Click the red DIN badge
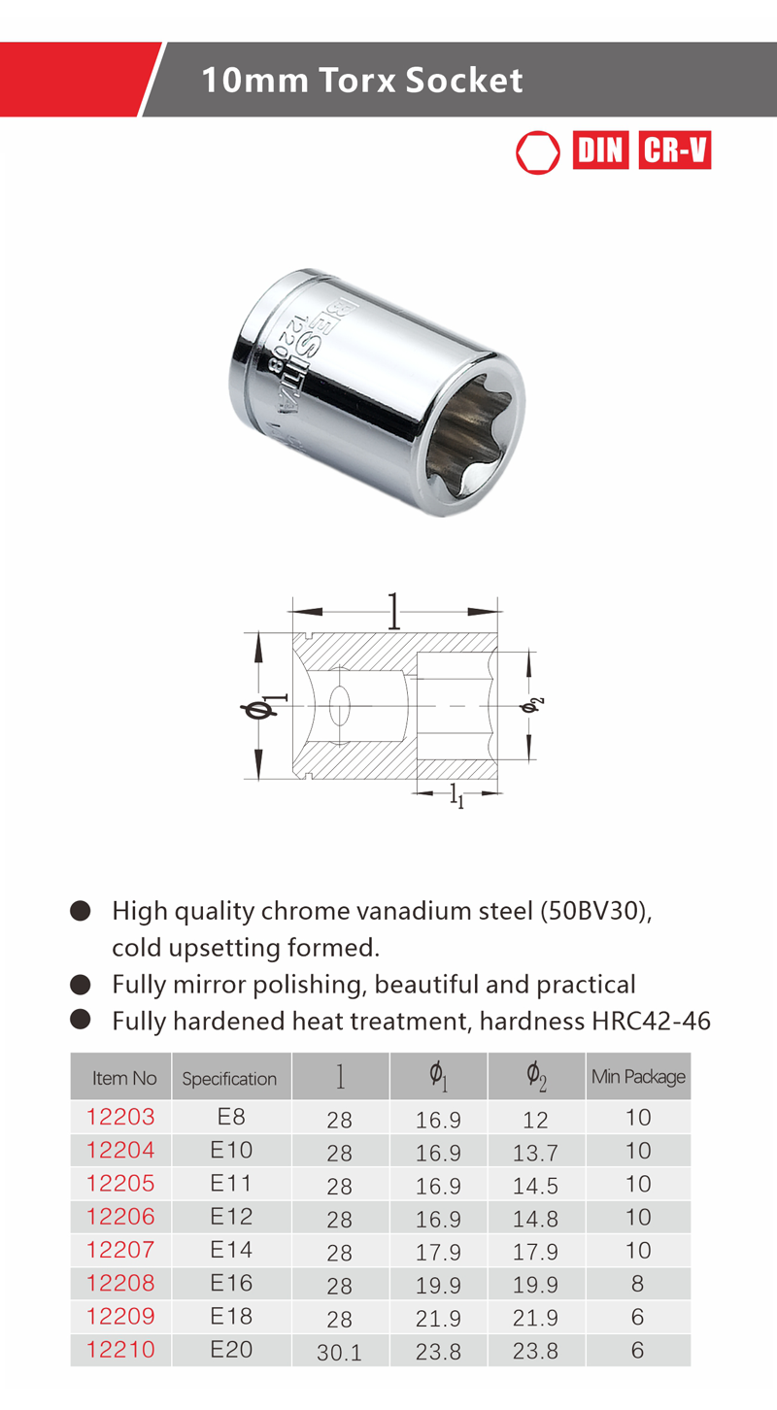[x=600, y=151]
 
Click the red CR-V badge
[x=675, y=151]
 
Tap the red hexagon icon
[x=538, y=151]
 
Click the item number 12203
[x=120, y=1117]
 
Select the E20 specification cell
[x=231, y=1350]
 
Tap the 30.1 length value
[x=339, y=1352]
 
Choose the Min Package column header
[x=638, y=1077]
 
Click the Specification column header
[x=229, y=1079]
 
